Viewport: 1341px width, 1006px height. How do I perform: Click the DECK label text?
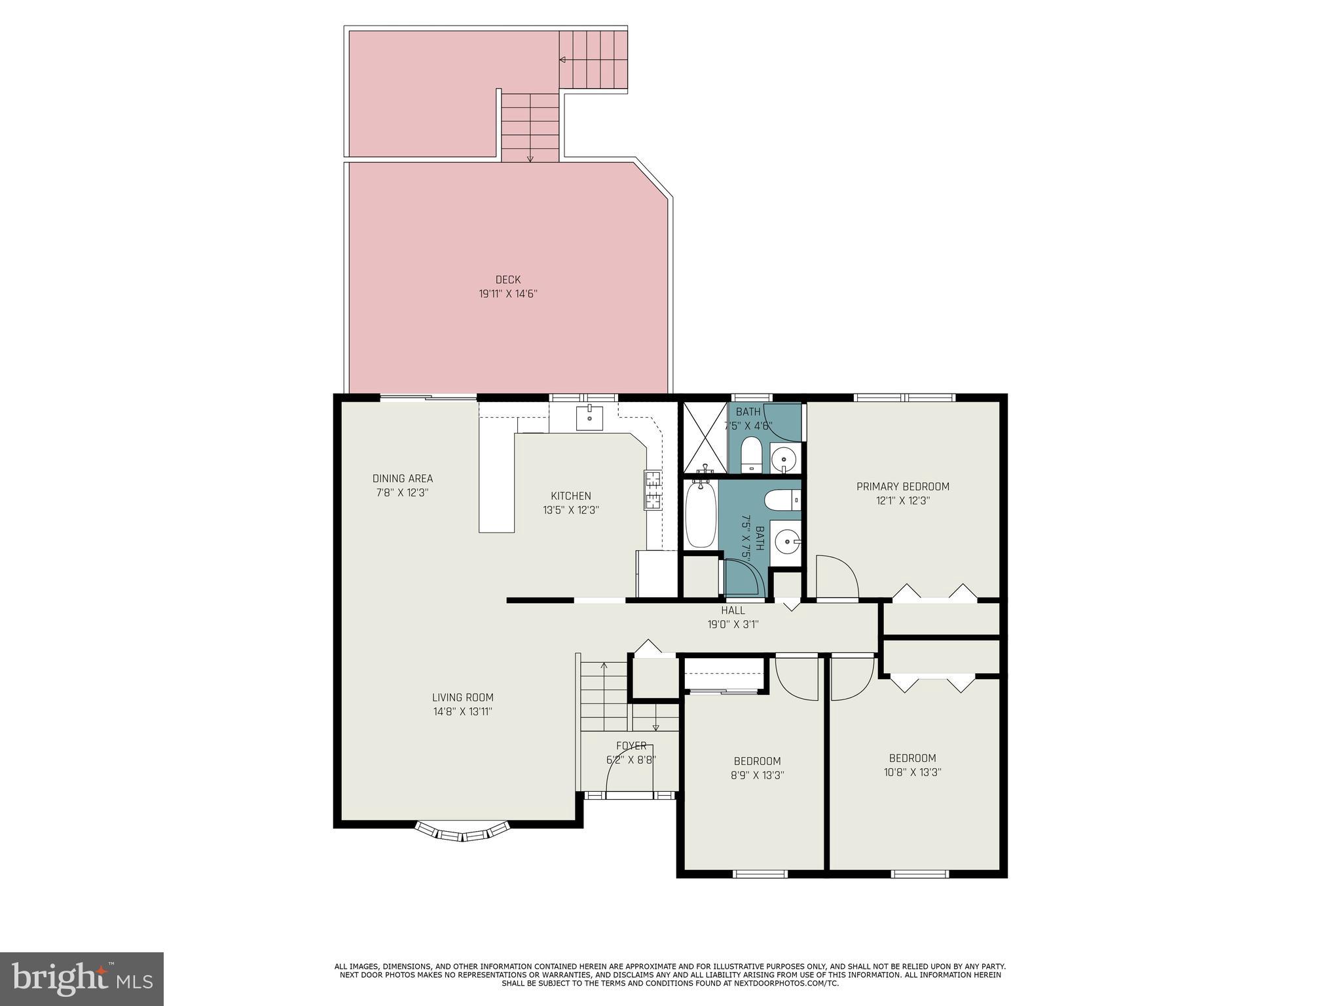[507, 280]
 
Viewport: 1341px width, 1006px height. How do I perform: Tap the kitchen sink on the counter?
[589, 417]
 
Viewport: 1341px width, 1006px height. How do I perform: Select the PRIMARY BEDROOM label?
[902, 487]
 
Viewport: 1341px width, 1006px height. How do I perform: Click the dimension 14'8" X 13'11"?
[462, 711]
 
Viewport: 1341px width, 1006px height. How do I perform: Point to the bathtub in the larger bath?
[700, 515]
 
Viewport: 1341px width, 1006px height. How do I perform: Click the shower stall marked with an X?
[705, 438]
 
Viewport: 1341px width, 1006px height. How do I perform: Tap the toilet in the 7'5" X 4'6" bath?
[751, 454]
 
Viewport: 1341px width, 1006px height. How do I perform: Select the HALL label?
[733, 610]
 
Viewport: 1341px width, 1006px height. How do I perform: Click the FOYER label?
[631, 746]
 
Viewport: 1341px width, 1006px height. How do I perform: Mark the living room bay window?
[462, 833]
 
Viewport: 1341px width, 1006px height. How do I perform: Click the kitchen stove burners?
[653, 490]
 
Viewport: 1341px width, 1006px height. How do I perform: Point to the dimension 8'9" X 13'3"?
[758, 775]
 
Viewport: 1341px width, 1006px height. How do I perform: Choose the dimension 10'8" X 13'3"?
[912, 772]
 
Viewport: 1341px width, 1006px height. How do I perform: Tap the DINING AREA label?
[403, 479]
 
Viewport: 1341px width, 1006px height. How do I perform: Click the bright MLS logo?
[82, 979]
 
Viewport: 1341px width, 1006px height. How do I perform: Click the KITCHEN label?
[571, 496]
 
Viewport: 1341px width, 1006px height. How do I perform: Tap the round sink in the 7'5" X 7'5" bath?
[785, 542]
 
